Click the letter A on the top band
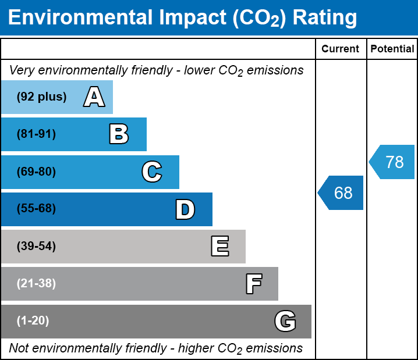click(x=94, y=97)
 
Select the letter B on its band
click(x=119, y=134)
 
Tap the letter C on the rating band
click(x=151, y=172)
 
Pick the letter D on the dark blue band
click(x=185, y=209)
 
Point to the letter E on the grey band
click(x=219, y=247)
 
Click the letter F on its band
click(x=253, y=284)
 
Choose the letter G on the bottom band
click(x=285, y=321)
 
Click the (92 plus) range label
click(x=41, y=97)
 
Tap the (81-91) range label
click(x=36, y=134)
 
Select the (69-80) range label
click(x=36, y=172)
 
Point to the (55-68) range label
click(x=36, y=209)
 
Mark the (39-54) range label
click(x=36, y=247)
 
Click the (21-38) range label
click(x=36, y=284)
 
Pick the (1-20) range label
click(x=33, y=321)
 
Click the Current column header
click(x=341, y=49)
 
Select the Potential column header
click(x=392, y=49)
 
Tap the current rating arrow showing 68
click(x=342, y=193)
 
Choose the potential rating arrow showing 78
click(x=393, y=162)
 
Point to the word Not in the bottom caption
click(x=20, y=348)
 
